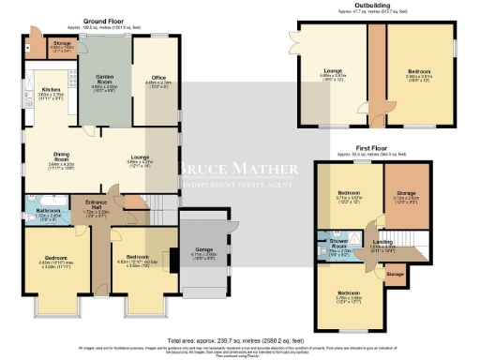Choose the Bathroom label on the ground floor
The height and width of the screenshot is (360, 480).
[x=47, y=212]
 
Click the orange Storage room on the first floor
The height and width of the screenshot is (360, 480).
[x=406, y=196]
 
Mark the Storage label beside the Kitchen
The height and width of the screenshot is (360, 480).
[x=61, y=43]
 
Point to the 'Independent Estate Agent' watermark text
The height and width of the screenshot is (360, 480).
[x=240, y=184]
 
